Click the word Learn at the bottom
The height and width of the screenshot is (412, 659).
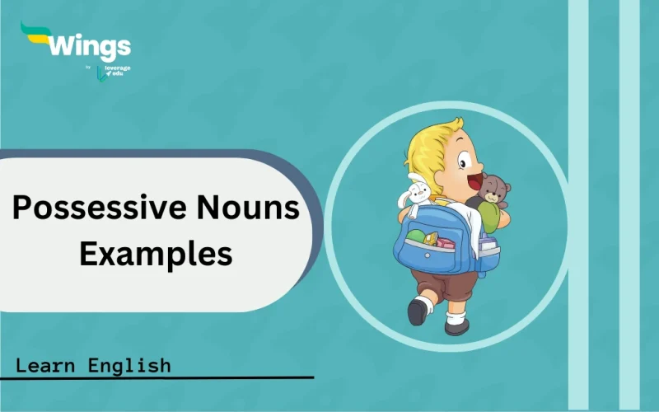49,364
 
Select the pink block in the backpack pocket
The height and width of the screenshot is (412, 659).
445,242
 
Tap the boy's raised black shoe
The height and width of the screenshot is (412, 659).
418,311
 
